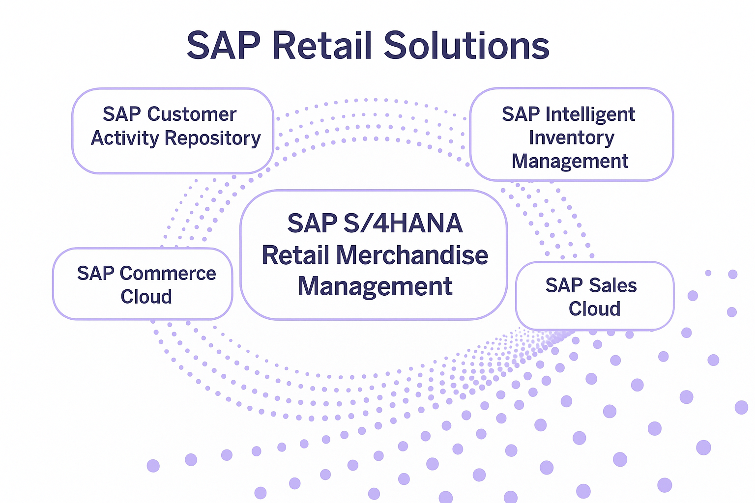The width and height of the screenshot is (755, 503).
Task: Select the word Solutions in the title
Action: click(467, 45)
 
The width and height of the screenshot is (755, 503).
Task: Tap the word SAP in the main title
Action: click(224, 45)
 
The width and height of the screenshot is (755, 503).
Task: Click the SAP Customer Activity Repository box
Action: click(173, 131)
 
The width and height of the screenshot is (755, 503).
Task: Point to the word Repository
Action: click(213, 139)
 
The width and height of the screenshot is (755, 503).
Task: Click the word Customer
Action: click(192, 114)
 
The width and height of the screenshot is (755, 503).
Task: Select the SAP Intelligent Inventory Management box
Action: click(572, 135)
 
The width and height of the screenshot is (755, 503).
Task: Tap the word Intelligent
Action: click(590, 114)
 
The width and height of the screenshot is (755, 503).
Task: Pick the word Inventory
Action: click(572, 138)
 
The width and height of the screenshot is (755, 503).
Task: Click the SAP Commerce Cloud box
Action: click(143, 284)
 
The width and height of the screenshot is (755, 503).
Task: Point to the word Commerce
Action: click(168, 273)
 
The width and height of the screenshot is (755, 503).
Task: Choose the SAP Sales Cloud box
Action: click(595, 296)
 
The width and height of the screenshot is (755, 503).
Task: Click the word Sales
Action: click(613, 285)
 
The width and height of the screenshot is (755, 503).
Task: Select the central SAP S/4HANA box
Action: click(374, 255)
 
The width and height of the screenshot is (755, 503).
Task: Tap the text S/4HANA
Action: click(403, 223)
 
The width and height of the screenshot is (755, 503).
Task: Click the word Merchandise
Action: click(412, 255)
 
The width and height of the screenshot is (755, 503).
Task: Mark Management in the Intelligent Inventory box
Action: click(570, 162)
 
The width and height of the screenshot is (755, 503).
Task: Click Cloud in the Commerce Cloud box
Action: click(146, 297)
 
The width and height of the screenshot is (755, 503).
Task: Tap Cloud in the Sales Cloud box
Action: click(595, 308)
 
